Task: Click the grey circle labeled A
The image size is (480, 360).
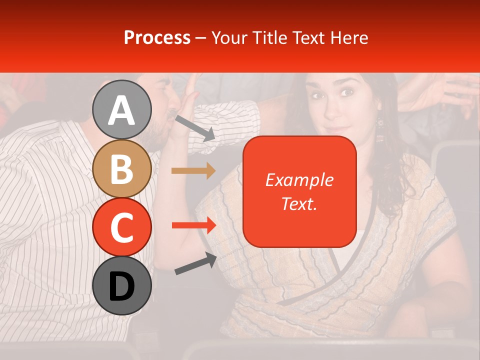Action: [x=122, y=109]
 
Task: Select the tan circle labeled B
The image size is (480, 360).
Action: [x=122, y=168]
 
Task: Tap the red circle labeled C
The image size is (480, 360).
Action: [x=122, y=227]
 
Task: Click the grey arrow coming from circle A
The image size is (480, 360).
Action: [x=195, y=127]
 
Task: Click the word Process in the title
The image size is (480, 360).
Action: [x=157, y=37]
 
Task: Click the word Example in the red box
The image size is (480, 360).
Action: [x=299, y=180]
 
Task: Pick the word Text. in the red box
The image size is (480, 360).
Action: [x=299, y=203]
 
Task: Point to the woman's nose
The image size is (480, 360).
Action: [x=333, y=105]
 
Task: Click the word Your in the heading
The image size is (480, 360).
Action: [x=228, y=37]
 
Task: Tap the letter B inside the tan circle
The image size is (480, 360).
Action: [x=122, y=168]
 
